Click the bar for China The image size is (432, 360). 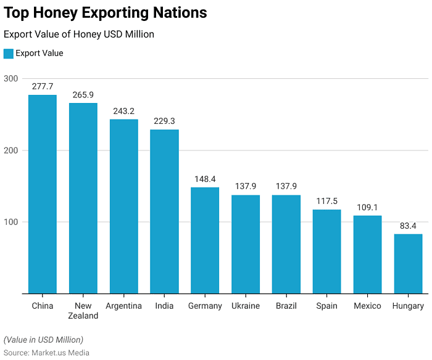click(43, 194)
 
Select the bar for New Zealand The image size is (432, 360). click(83, 198)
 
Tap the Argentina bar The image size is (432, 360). click(123, 206)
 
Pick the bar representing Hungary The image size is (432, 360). click(408, 264)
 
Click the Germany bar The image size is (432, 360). click(205, 240)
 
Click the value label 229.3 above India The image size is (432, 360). click(164, 121)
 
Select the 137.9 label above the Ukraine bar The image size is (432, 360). click(246, 187)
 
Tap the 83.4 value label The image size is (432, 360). click(408, 226)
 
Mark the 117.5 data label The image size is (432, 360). click(326, 202)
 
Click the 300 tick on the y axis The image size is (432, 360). click(10, 78)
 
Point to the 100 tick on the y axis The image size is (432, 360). click(10, 222)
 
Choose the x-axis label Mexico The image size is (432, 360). click(367, 306)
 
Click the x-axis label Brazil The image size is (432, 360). click(286, 306)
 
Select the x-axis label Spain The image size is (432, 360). click(326, 306)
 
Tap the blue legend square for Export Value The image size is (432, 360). click(9, 54)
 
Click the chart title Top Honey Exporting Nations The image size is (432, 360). click(106, 13)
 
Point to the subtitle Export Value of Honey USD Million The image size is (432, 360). click(79, 35)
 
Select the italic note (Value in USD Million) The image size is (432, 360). click(43, 340)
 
